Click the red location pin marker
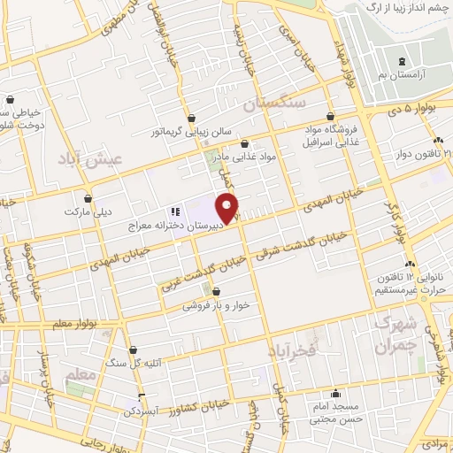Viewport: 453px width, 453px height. (x=228, y=209)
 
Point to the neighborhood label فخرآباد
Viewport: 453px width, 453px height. (x=292, y=351)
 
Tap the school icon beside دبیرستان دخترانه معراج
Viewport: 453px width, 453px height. (x=175, y=212)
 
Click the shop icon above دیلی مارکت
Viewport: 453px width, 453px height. (x=88, y=198)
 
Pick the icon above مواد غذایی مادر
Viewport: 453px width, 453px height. (x=244, y=144)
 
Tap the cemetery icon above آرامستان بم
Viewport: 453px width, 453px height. (x=403, y=61)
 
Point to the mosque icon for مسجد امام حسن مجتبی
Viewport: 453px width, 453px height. (x=334, y=395)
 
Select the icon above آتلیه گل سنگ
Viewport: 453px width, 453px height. (x=133, y=350)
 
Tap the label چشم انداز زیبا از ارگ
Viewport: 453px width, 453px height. (x=400, y=7)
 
